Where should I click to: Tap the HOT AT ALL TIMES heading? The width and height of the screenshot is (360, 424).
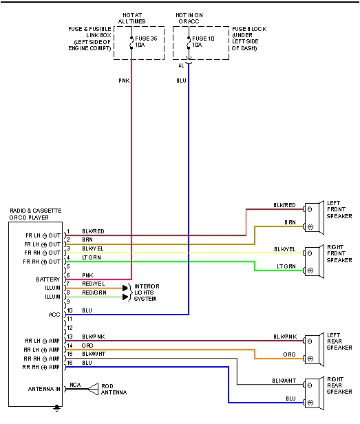(x=132, y=18)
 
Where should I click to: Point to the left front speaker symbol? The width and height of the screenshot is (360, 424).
(x=313, y=216)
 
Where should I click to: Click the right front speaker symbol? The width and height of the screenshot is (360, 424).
(x=313, y=259)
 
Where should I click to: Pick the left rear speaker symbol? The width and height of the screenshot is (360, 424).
(x=313, y=348)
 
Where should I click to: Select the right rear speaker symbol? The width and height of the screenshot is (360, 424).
(x=313, y=391)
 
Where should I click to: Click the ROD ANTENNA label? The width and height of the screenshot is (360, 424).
(x=114, y=390)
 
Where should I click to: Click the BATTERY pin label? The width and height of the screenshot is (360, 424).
(x=48, y=279)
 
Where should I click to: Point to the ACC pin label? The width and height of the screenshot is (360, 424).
(x=55, y=314)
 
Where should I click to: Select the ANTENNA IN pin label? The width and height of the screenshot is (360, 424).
(x=43, y=389)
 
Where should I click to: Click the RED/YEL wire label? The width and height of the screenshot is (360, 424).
(x=93, y=284)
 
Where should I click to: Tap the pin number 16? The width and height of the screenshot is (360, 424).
(x=69, y=362)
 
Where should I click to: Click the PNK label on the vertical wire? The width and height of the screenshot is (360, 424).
(x=123, y=79)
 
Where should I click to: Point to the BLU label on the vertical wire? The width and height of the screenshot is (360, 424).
(x=181, y=79)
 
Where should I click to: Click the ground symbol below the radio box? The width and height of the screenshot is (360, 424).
(x=57, y=409)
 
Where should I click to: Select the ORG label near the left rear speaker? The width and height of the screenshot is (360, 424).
(x=290, y=355)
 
